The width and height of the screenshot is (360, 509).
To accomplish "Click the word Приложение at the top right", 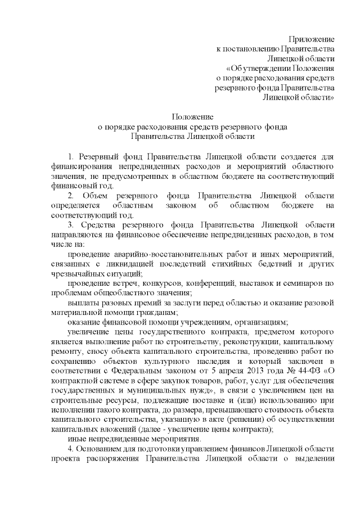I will click(312, 39).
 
